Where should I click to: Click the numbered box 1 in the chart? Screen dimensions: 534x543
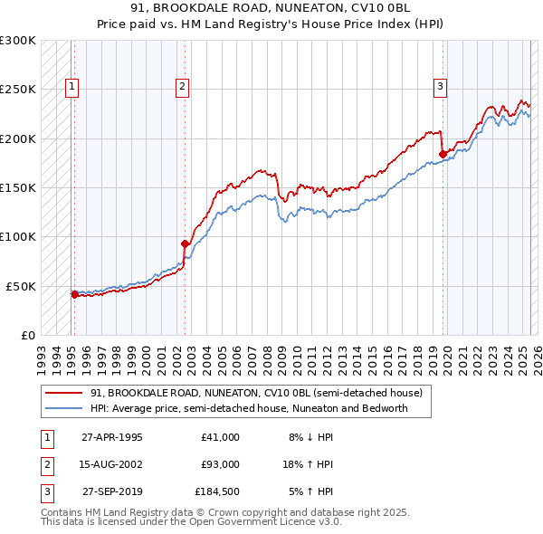point(71,87)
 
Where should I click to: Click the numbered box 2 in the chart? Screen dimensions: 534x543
point(182,87)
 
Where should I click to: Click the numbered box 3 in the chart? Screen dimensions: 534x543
point(440,87)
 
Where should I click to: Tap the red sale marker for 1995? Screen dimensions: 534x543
point(74,294)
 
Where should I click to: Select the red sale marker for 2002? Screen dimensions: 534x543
point(185,243)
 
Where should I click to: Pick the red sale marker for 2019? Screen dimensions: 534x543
point(443,154)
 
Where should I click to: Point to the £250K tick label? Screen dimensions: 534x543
point(17,90)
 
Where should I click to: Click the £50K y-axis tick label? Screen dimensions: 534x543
point(21,286)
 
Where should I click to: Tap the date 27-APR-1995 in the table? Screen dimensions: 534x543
point(112,437)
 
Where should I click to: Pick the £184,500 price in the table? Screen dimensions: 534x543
point(217,491)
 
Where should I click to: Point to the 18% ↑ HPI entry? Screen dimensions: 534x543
point(308,464)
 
